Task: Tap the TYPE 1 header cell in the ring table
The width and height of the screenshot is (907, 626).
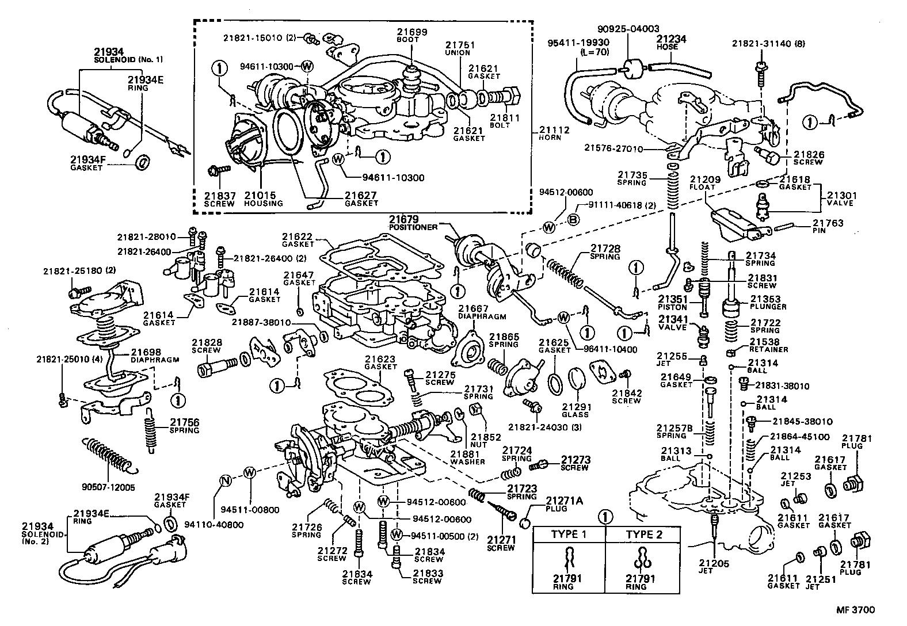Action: click(x=569, y=534)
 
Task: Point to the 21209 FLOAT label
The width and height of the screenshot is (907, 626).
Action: click(x=702, y=182)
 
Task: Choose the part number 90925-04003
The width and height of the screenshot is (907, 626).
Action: click(x=628, y=28)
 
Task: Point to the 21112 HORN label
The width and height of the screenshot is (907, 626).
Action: click(x=554, y=133)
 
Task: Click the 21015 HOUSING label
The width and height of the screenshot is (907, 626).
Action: click(x=263, y=199)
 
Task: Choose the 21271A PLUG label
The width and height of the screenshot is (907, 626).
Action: click(x=563, y=504)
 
